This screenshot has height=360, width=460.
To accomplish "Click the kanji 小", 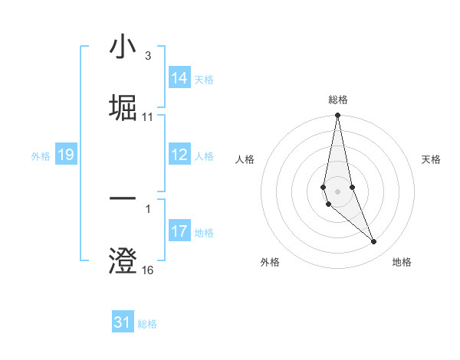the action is point(123,47).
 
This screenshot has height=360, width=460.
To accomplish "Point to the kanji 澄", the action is point(123,260).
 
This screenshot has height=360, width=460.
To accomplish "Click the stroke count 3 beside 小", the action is point(147,56).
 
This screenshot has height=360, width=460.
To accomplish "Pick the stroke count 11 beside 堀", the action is point(148,117).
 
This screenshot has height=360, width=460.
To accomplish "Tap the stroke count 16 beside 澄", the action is point(148,270).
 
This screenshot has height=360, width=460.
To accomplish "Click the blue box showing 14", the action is point(179,78).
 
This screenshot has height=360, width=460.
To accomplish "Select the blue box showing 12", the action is point(179,155).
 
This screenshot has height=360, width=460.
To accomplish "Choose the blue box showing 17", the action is point(179,231).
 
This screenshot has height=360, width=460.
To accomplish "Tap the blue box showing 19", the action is point(65,155).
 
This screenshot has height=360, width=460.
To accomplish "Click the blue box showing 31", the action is point(123,322).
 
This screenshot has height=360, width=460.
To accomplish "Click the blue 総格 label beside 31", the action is point(147,324).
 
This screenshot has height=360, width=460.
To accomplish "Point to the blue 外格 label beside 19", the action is point(41,156).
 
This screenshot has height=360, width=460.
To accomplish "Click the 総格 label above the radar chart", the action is point(337,100).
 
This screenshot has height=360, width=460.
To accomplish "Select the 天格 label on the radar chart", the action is point(431,159).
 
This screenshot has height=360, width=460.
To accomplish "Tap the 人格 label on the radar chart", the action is point(245,159).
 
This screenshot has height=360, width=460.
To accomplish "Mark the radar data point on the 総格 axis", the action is point(337,116).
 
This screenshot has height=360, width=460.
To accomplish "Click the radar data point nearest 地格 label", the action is point(374,242).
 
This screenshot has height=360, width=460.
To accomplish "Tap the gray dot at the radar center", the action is point(337,191).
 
